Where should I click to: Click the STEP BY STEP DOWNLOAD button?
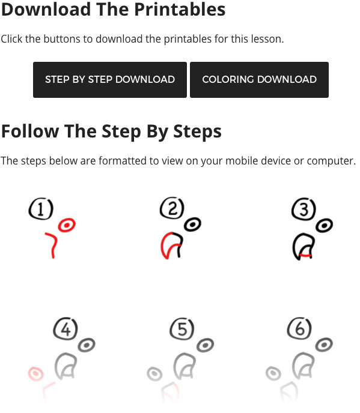tap(110, 80)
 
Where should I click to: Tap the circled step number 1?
tap(41, 209)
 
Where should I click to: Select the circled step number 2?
tap(172, 208)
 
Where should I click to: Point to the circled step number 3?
tap(304, 209)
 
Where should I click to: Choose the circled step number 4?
tap(66, 329)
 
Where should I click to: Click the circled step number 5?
tap(182, 329)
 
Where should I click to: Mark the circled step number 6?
tap(299, 328)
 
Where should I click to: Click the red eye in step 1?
tap(67, 225)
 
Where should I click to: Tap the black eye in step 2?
tap(192, 225)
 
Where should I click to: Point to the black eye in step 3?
tap(324, 226)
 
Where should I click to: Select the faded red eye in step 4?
tap(35, 373)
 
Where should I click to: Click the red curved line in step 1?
tap(55, 243)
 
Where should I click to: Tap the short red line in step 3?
tap(306, 255)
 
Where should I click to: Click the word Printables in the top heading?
tap(180, 10)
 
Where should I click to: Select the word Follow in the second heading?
tap(30, 131)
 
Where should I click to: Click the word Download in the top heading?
tap(46, 10)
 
